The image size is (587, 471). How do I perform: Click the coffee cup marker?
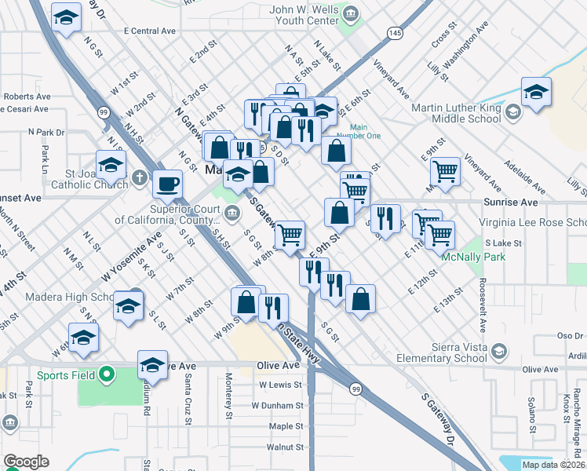[167, 184]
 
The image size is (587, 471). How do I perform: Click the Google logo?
[27, 462]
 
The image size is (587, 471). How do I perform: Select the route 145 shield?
[394, 33]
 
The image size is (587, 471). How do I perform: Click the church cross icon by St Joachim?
[139, 177]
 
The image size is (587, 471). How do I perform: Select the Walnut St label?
[285, 447]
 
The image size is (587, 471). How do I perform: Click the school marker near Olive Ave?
[152, 366]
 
